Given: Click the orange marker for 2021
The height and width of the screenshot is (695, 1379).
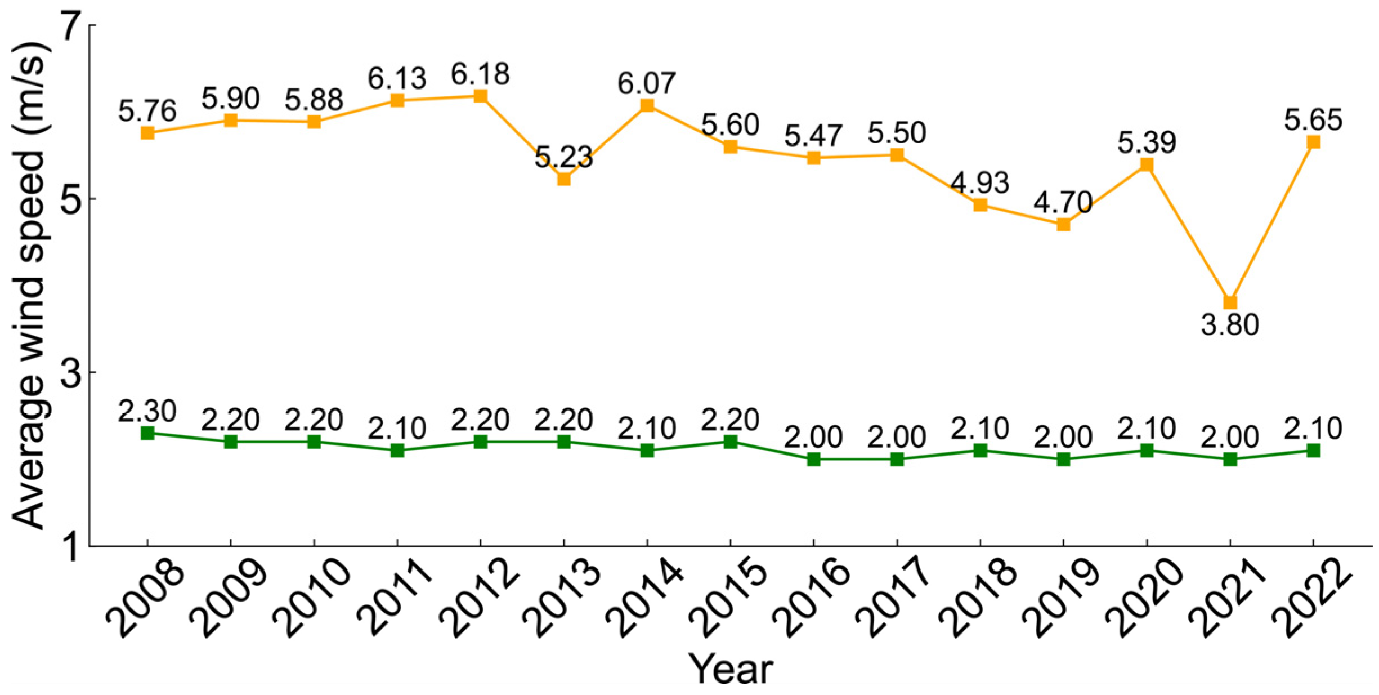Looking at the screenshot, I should (x=1230, y=302).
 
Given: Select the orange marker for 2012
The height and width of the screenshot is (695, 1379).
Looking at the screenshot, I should (x=480, y=96).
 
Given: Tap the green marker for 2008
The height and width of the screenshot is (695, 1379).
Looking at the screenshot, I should (x=147, y=433).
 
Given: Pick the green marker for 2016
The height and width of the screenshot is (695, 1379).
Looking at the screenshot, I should (x=813, y=459).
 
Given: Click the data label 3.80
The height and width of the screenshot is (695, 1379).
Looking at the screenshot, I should (x=1230, y=326).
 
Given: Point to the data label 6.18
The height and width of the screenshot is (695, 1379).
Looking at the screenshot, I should (x=480, y=74).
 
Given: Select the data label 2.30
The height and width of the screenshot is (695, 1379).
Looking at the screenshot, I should (x=147, y=411).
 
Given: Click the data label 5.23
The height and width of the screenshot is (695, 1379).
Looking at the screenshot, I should (x=563, y=157).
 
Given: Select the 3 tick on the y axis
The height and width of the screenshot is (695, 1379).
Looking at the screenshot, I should (x=69, y=373).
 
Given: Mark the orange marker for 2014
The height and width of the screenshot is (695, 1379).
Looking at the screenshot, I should (x=647, y=105).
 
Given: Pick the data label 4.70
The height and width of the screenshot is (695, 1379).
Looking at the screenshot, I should (x=1063, y=202).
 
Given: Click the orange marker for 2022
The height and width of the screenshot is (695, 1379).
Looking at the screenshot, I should (x=1313, y=142).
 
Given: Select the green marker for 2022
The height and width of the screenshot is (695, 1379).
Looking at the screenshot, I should (x=1313, y=450).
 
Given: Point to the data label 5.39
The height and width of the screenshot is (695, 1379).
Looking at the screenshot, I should (x=1147, y=142).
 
